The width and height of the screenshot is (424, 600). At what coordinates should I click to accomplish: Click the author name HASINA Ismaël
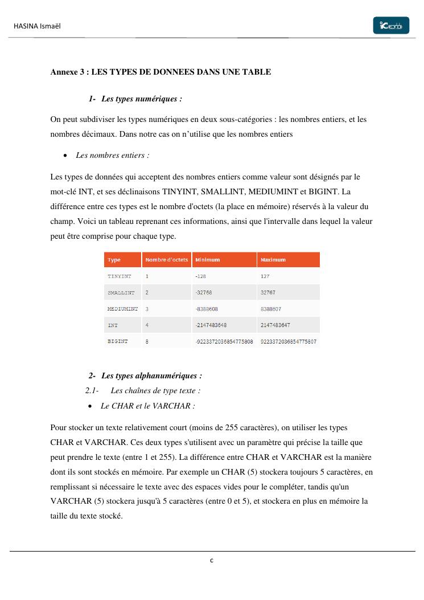[37, 26]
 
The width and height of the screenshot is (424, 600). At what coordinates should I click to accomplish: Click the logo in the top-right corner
[391, 26]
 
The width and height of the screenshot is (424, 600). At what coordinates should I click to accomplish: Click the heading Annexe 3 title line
[160, 72]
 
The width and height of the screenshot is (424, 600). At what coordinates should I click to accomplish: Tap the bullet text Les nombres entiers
[113, 155]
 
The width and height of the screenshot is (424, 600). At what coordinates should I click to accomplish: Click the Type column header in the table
[114, 260]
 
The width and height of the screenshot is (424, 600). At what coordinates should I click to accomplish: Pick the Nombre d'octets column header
[166, 260]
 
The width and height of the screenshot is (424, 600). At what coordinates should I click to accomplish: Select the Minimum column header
[207, 260]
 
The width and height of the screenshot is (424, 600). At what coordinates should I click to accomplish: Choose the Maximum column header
[273, 260]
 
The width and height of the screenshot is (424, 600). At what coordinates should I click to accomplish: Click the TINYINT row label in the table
[120, 276]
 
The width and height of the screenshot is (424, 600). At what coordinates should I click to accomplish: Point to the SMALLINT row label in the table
[121, 292]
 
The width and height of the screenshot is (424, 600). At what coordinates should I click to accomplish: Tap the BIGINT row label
[118, 342]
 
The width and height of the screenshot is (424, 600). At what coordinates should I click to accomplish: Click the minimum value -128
[200, 276]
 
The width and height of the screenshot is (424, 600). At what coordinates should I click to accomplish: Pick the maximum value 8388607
[271, 309]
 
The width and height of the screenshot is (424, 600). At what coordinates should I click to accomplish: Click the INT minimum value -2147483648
[211, 325]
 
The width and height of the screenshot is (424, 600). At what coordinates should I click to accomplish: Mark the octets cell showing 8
[147, 342]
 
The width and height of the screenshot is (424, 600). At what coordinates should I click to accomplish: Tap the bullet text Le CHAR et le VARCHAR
[147, 406]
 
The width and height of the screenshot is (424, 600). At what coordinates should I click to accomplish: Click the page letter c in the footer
[212, 561]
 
